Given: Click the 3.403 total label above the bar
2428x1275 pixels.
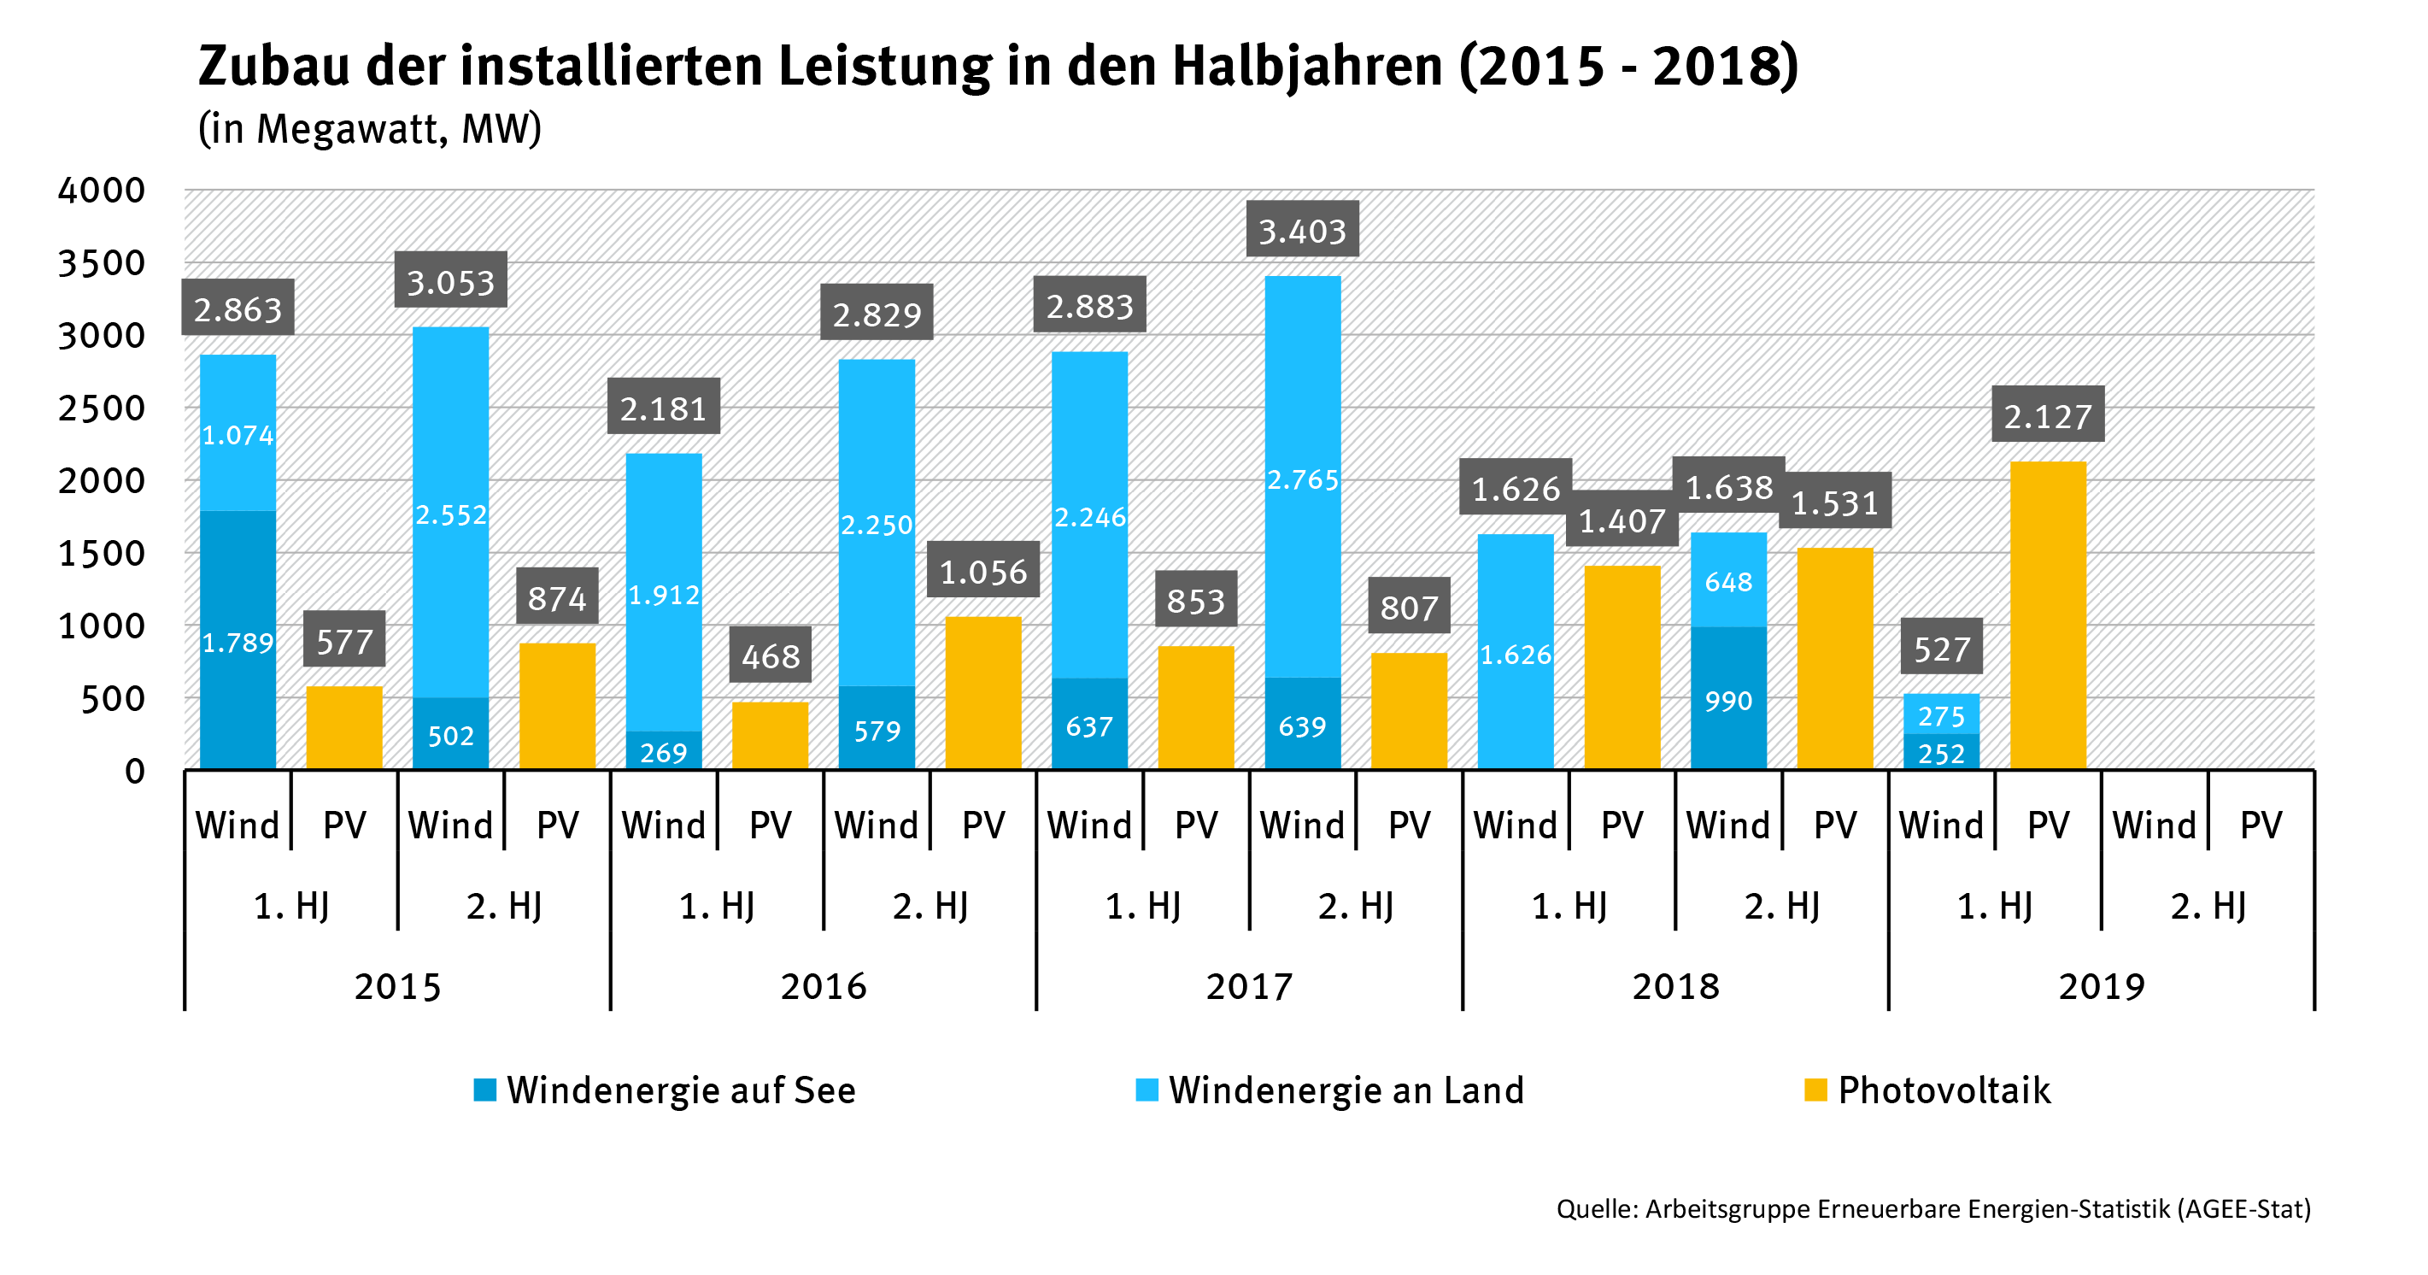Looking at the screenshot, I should pyautogui.click(x=1302, y=230).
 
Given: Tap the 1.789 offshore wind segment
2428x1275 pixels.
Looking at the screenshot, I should pyautogui.click(x=238, y=641).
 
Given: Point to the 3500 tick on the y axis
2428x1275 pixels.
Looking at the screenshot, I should pyautogui.click(x=102, y=263).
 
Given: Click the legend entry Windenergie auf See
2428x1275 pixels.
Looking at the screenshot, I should pyautogui.click(x=666, y=1090).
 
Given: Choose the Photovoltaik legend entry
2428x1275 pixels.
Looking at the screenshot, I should pyautogui.click(x=1928, y=1090).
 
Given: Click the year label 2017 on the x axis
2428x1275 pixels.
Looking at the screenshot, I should pyautogui.click(x=1249, y=986).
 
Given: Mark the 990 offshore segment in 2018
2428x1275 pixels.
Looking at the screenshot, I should pyautogui.click(x=1727, y=700).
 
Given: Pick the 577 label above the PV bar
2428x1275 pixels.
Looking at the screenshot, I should pyautogui.click(x=344, y=641).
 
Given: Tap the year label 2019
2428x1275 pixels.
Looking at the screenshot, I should pyautogui.click(x=2101, y=986).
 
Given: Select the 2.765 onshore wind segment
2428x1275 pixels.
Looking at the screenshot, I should pyautogui.click(x=1302, y=479).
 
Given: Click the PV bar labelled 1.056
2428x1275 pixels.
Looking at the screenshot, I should pyautogui.click(x=983, y=693).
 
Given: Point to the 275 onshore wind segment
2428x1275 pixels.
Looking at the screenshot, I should pyautogui.click(x=1941, y=714).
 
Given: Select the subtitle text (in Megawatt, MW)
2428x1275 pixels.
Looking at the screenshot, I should pyautogui.click(x=369, y=129).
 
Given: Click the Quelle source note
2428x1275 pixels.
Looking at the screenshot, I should pyautogui.click(x=1932, y=1208).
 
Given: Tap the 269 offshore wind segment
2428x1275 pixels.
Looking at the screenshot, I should pyautogui.click(x=664, y=752).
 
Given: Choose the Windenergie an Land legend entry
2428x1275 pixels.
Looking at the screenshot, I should pyautogui.click(x=1330, y=1090).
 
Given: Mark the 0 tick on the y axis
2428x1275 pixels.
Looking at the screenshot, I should pyautogui.click(x=135, y=772).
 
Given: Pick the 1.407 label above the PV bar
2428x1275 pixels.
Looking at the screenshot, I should pyautogui.click(x=1622, y=520).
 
